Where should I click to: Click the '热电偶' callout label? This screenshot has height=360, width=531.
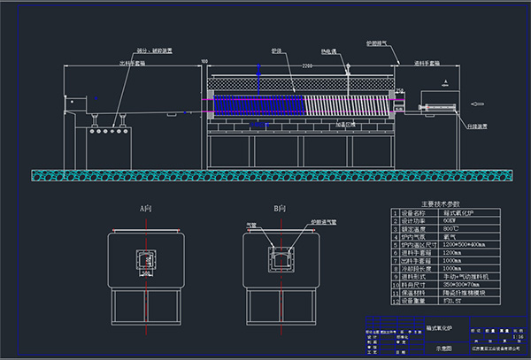pyautogui.click(x=327, y=51)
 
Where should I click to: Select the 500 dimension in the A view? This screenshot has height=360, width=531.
pyautogui.click(x=144, y=272)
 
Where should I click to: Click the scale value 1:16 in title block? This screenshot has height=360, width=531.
pyautogui.click(x=517, y=336)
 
